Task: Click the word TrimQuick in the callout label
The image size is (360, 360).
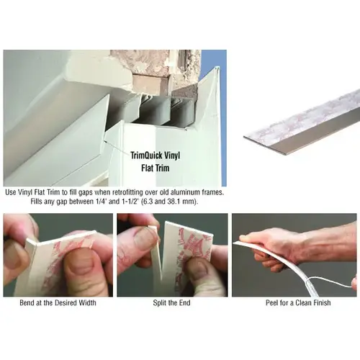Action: click(145, 156)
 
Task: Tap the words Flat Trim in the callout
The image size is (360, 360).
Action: click(156, 168)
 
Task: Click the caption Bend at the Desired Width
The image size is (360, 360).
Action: click(58, 302)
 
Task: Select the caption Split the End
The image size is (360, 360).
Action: click(172, 302)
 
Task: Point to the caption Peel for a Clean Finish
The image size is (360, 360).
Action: click(298, 302)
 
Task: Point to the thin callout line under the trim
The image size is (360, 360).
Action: click(117, 146)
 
